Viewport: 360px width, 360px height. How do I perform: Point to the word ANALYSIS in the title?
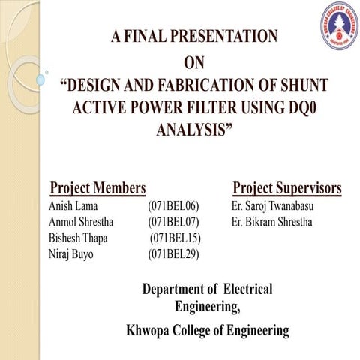[x=194, y=130]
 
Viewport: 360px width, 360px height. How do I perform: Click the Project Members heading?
[x=97, y=187]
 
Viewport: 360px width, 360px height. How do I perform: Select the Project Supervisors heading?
[x=287, y=187]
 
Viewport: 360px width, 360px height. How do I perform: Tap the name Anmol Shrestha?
[x=84, y=222]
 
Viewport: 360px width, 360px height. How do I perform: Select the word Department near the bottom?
[x=172, y=289]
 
